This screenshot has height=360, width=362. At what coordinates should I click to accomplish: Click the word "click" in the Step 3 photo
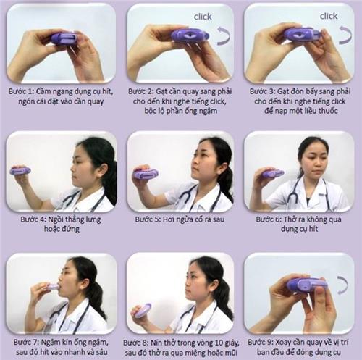click(329, 15)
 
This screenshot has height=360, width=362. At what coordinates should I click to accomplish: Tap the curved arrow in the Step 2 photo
click(223, 36)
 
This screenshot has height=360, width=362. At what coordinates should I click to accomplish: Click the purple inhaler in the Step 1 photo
click(63, 38)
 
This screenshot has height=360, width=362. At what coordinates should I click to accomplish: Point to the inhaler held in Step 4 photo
click(20, 171)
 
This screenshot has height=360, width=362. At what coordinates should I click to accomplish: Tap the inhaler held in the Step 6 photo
click(273, 173)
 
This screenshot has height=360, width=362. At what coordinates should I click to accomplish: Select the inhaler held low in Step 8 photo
click(143, 311)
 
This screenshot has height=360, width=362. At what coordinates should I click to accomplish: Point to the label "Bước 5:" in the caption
click(146, 215)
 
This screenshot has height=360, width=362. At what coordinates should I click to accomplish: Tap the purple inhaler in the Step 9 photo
click(308, 285)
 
